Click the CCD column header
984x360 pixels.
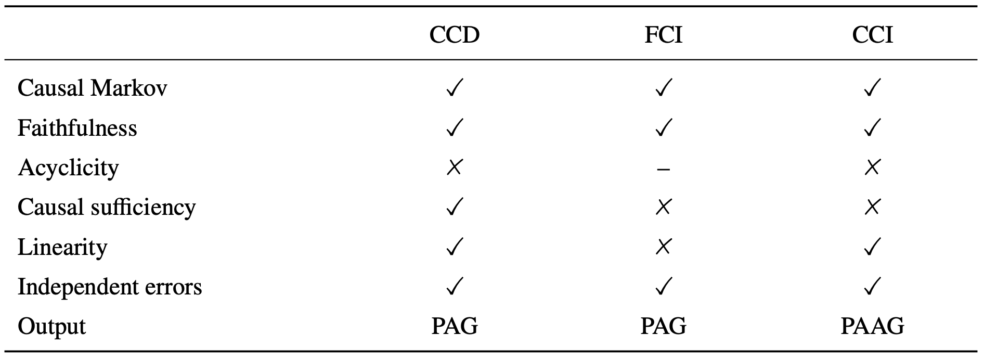455,35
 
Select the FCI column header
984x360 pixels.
663,35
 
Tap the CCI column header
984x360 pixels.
872,35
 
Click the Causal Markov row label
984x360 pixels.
93,88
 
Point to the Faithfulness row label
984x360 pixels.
77,127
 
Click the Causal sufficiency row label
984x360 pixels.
107,207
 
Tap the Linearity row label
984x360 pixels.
62,247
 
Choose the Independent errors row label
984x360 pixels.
110,287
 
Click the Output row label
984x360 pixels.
51,327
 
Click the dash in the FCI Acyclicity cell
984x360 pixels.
663,169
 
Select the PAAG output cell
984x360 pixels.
872,326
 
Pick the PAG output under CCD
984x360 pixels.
455,326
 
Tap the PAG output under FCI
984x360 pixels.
663,326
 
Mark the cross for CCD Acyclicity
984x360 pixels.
455,167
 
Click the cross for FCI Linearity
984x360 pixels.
663,247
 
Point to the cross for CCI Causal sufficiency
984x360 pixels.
872,207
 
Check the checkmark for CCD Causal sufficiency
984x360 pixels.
455,207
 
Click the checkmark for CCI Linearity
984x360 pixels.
872,246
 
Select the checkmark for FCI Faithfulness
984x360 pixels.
663,127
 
